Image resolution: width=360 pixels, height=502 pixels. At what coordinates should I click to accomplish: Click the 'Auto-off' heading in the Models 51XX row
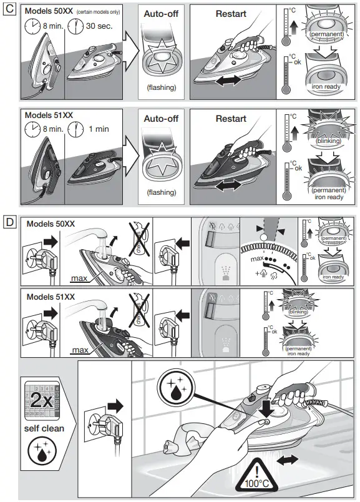pyautogui.click(x=162, y=118)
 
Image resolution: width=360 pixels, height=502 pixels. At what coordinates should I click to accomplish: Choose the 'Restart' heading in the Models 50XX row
pyautogui.click(x=231, y=13)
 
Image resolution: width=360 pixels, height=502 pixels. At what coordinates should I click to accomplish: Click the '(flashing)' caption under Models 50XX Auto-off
pyautogui.click(x=162, y=87)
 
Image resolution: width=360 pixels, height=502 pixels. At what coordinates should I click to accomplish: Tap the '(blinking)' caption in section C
pyautogui.click(x=328, y=140)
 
